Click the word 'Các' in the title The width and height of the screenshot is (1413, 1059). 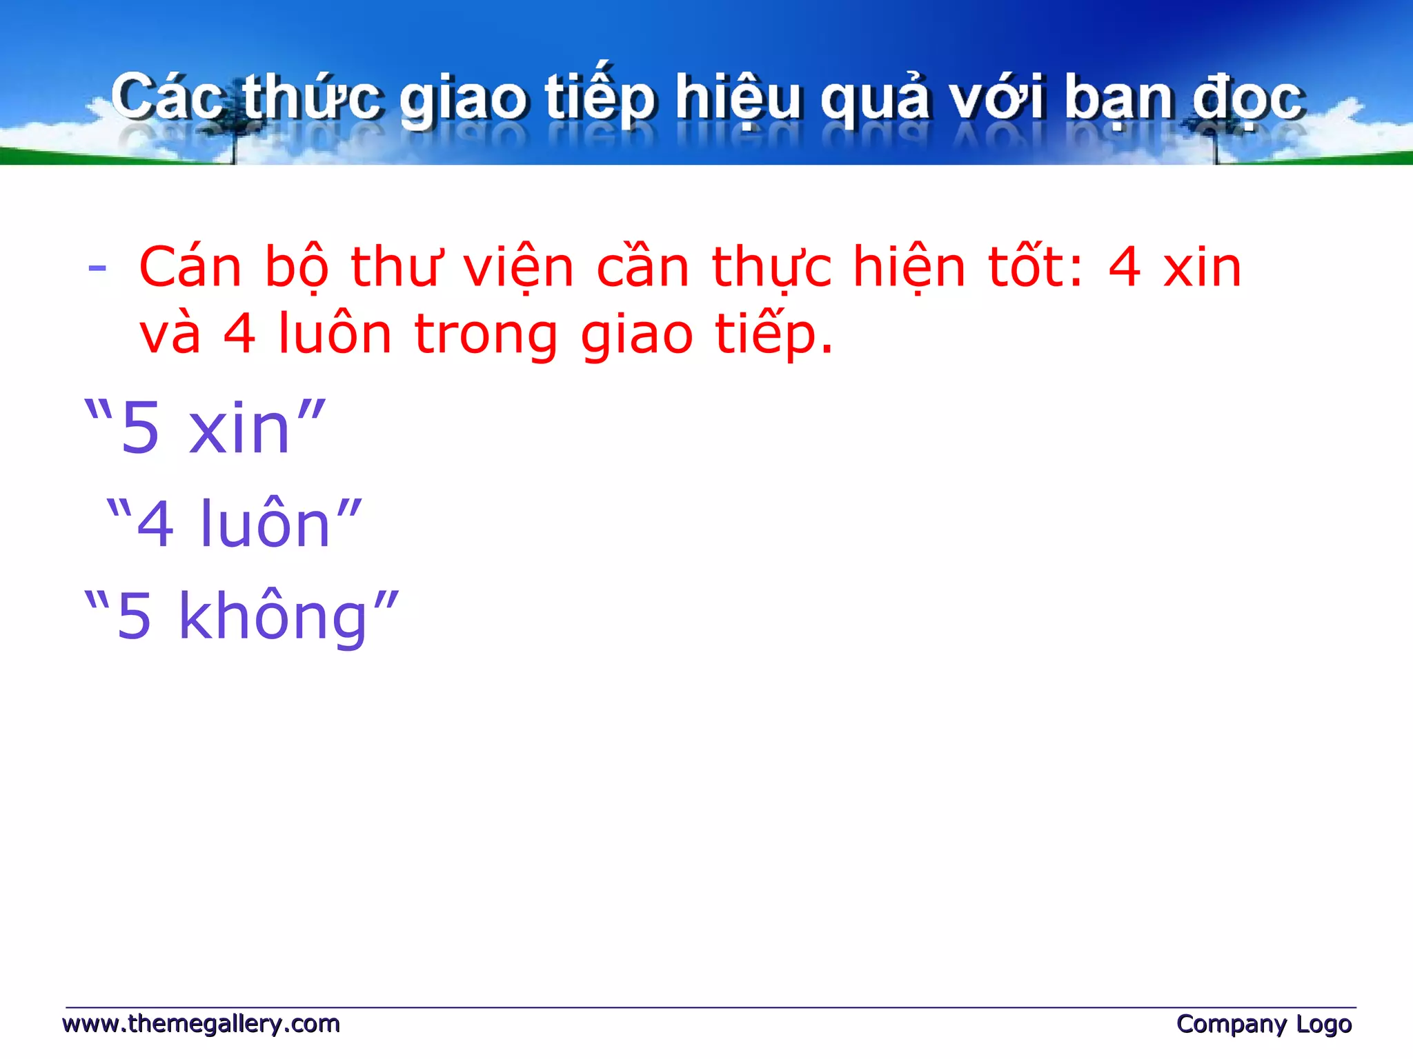click(167, 98)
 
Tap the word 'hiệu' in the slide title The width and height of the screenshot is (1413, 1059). click(738, 98)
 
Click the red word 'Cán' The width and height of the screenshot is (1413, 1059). click(190, 268)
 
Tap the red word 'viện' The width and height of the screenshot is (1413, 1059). click(518, 268)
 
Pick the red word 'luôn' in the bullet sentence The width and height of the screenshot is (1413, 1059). click(335, 334)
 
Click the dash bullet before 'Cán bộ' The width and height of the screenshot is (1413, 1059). click(97, 268)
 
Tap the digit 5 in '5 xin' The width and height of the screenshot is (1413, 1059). click(140, 429)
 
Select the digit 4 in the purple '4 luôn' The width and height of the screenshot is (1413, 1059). click(155, 525)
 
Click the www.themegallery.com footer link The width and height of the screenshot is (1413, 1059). click(201, 1024)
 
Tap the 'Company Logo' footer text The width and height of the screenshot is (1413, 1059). click(1263, 1024)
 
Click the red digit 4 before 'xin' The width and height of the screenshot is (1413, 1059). click(1124, 268)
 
